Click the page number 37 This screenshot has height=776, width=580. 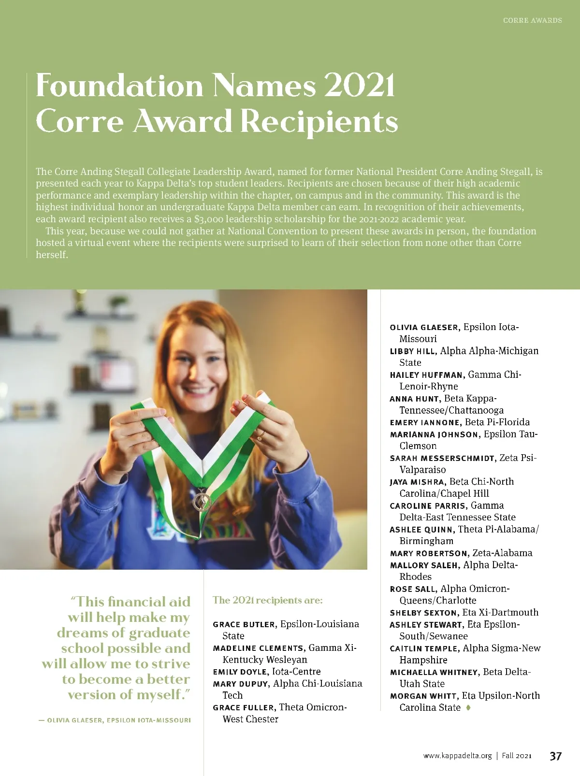[555, 756]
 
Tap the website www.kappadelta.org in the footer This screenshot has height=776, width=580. [457, 756]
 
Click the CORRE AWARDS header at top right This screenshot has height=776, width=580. [532, 20]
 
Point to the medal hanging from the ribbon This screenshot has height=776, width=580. [202, 501]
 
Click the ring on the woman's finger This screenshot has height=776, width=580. [260, 437]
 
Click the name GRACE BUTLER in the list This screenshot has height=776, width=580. [244, 624]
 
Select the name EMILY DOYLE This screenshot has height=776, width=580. [240, 672]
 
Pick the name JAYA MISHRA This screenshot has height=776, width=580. [417, 482]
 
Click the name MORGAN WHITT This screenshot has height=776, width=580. [423, 696]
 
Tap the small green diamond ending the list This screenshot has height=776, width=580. [468, 707]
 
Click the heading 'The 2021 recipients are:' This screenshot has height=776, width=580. [267, 600]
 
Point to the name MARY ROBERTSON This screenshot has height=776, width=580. [429, 553]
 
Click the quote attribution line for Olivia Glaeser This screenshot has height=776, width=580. [115, 720]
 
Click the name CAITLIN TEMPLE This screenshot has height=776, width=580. [424, 648]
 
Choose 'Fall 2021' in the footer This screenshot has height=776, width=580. [517, 756]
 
